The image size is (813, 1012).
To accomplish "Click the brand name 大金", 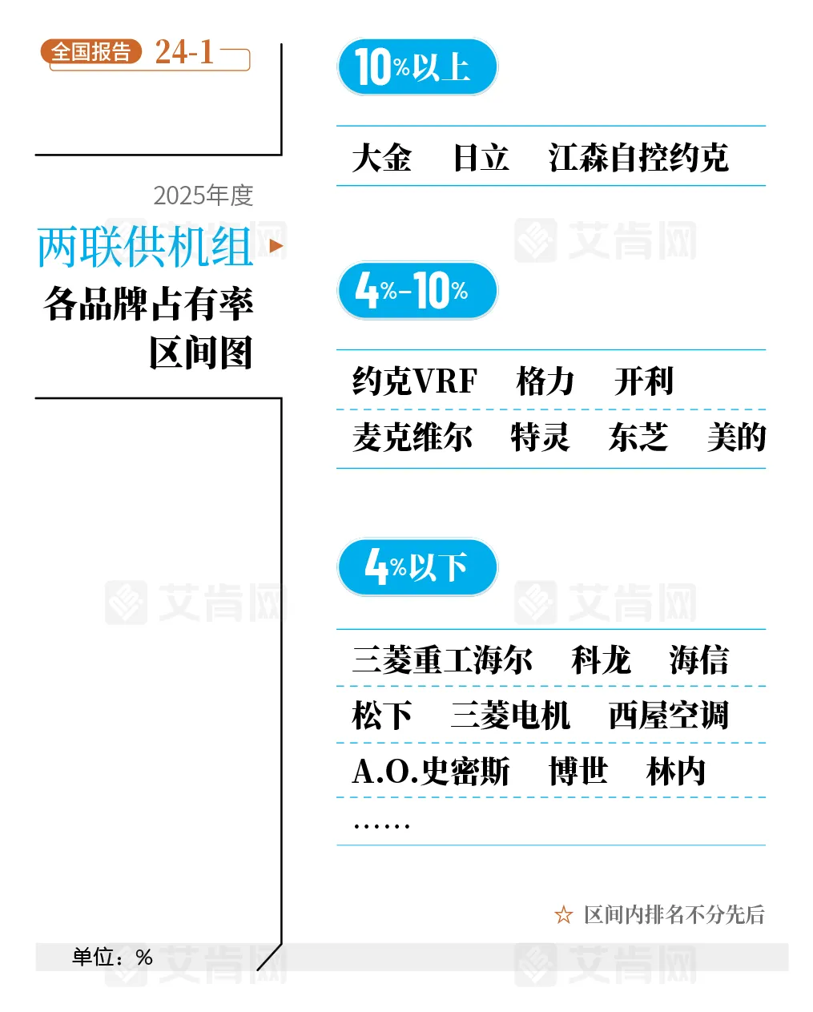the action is (x=382, y=158).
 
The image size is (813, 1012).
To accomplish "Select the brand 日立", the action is (x=481, y=158).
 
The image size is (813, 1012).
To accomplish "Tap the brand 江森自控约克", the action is (x=638, y=158).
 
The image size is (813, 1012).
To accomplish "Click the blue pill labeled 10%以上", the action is (x=417, y=67).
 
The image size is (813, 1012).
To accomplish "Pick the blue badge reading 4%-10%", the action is (x=417, y=290).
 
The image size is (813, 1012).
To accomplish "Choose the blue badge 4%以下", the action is (x=417, y=567).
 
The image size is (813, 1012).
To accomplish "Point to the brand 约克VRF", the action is (x=415, y=381).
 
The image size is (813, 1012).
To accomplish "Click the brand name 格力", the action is (x=545, y=381).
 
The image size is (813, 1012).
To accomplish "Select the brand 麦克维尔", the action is (x=413, y=437).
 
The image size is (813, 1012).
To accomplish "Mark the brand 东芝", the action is (x=638, y=437).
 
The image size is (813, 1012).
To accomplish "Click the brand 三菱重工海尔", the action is (x=442, y=660).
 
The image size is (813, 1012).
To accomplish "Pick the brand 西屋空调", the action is (x=669, y=716).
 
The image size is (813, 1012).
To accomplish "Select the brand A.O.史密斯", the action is (x=431, y=772).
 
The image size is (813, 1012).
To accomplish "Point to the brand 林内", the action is (x=676, y=772).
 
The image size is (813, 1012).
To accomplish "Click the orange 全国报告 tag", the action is (x=91, y=52).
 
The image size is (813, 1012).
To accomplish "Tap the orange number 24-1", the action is (x=185, y=52).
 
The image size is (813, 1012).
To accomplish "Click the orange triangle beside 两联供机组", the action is (x=276, y=246).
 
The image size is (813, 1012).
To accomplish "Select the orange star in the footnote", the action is (x=564, y=915).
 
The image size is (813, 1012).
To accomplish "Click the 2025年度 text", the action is (x=203, y=196).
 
